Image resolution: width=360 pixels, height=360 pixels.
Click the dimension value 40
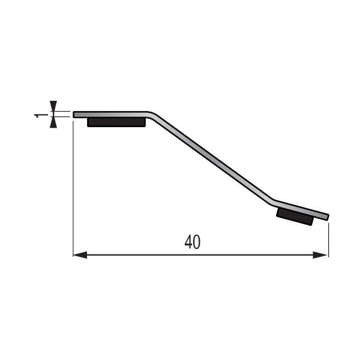click(x=192, y=242)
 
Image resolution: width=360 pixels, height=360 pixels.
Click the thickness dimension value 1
click(x=38, y=114)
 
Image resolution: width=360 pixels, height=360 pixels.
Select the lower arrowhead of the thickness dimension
click(x=53, y=123)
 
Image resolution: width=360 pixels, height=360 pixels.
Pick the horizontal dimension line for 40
click(x=150, y=255)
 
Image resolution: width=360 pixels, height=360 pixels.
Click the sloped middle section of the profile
click(x=210, y=157)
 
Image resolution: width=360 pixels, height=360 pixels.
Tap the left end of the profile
click(x=74, y=114)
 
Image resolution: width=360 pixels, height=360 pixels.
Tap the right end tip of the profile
click(x=328, y=217)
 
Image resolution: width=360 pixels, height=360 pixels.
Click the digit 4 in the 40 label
click(x=188, y=242)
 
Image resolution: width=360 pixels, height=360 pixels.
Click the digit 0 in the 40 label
click(x=196, y=242)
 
